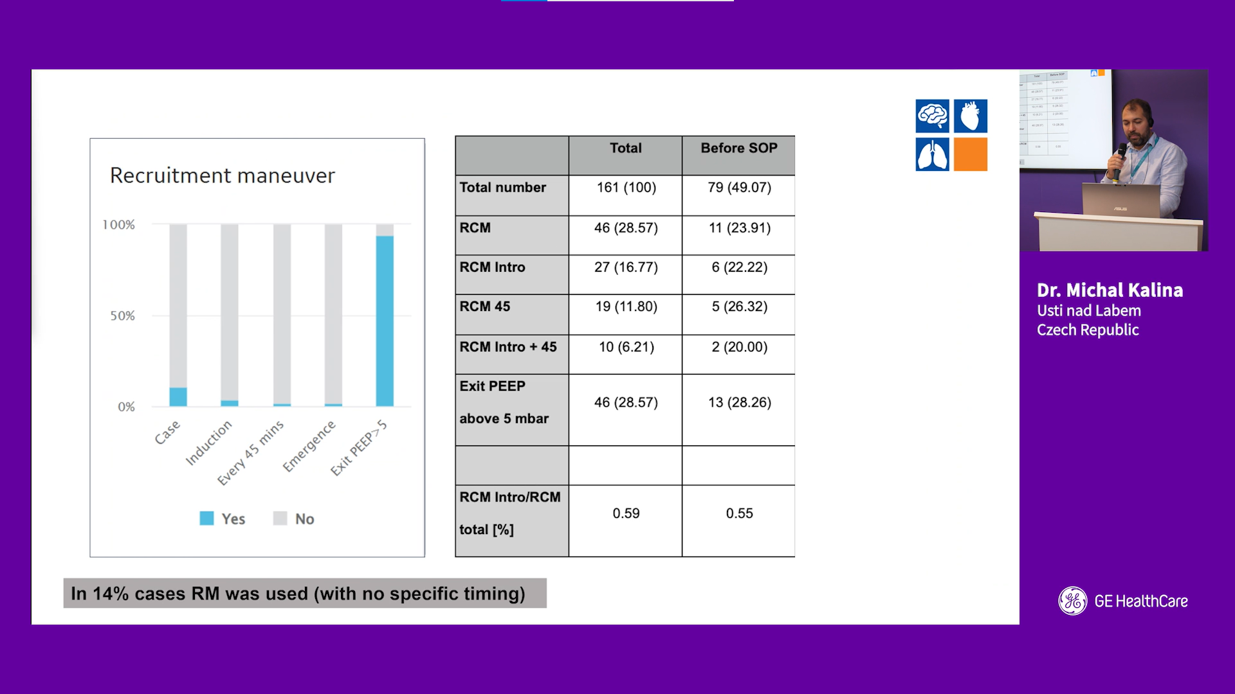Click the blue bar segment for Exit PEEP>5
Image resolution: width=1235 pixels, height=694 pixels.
click(x=385, y=321)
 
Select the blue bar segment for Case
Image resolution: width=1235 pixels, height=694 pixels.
click(x=178, y=397)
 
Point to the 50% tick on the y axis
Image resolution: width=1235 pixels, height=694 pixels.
click(x=122, y=316)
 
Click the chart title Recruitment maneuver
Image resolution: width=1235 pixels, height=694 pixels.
click(x=223, y=175)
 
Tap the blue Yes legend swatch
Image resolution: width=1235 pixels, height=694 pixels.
click(x=206, y=519)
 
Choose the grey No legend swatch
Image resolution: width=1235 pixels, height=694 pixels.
click(x=280, y=519)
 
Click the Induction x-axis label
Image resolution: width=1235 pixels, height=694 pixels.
click(x=208, y=442)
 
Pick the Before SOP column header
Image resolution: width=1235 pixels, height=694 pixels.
click(x=739, y=148)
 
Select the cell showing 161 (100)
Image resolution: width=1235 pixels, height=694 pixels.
click(x=627, y=188)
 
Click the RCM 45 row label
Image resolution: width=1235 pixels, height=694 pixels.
click(x=485, y=307)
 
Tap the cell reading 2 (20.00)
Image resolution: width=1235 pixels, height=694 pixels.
click(x=740, y=347)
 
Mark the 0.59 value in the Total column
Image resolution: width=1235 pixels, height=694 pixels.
click(x=626, y=513)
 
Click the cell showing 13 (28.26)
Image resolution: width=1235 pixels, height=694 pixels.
click(x=740, y=402)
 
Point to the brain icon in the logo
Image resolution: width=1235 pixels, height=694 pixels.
click(x=933, y=116)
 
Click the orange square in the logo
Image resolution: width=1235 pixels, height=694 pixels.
click(x=971, y=154)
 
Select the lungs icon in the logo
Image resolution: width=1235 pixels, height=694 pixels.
click(x=933, y=154)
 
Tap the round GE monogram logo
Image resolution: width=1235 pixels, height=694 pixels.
click(x=1073, y=601)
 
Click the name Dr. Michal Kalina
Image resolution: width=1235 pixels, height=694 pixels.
click(x=1110, y=290)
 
